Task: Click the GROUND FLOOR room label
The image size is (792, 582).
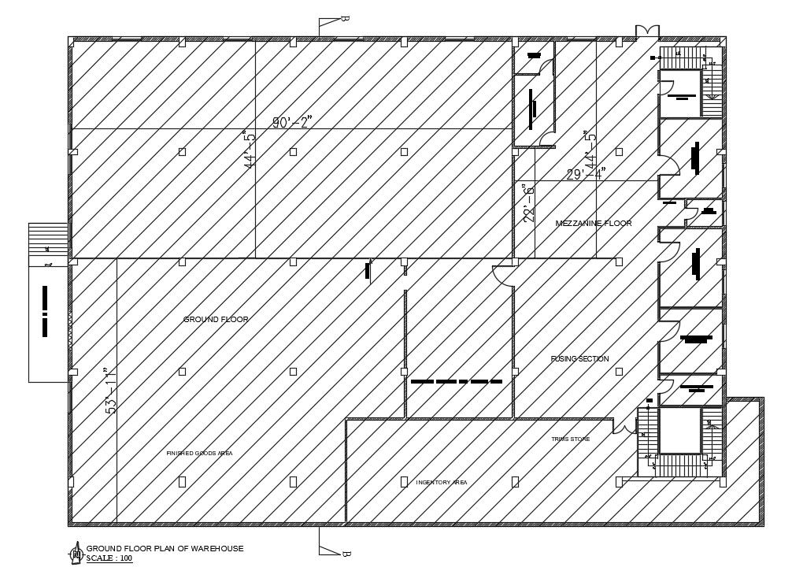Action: point(216,320)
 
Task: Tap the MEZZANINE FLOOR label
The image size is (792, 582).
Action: point(594,224)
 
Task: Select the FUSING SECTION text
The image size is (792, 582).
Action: point(579,359)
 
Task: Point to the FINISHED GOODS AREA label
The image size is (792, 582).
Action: point(199,454)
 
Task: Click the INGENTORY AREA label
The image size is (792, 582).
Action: point(442,482)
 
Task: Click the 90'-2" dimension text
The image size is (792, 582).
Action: point(293,122)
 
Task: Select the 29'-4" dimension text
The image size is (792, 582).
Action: point(587,174)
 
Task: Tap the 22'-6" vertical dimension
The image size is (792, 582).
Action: point(529,204)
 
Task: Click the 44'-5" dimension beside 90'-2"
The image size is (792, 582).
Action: point(250,149)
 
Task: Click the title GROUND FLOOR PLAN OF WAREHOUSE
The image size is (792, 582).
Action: point(165,548)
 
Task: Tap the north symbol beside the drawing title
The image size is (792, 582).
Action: point(76,553)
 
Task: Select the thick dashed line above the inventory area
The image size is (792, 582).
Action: point(456,381)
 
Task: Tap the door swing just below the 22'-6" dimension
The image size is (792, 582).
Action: point(501,276)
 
